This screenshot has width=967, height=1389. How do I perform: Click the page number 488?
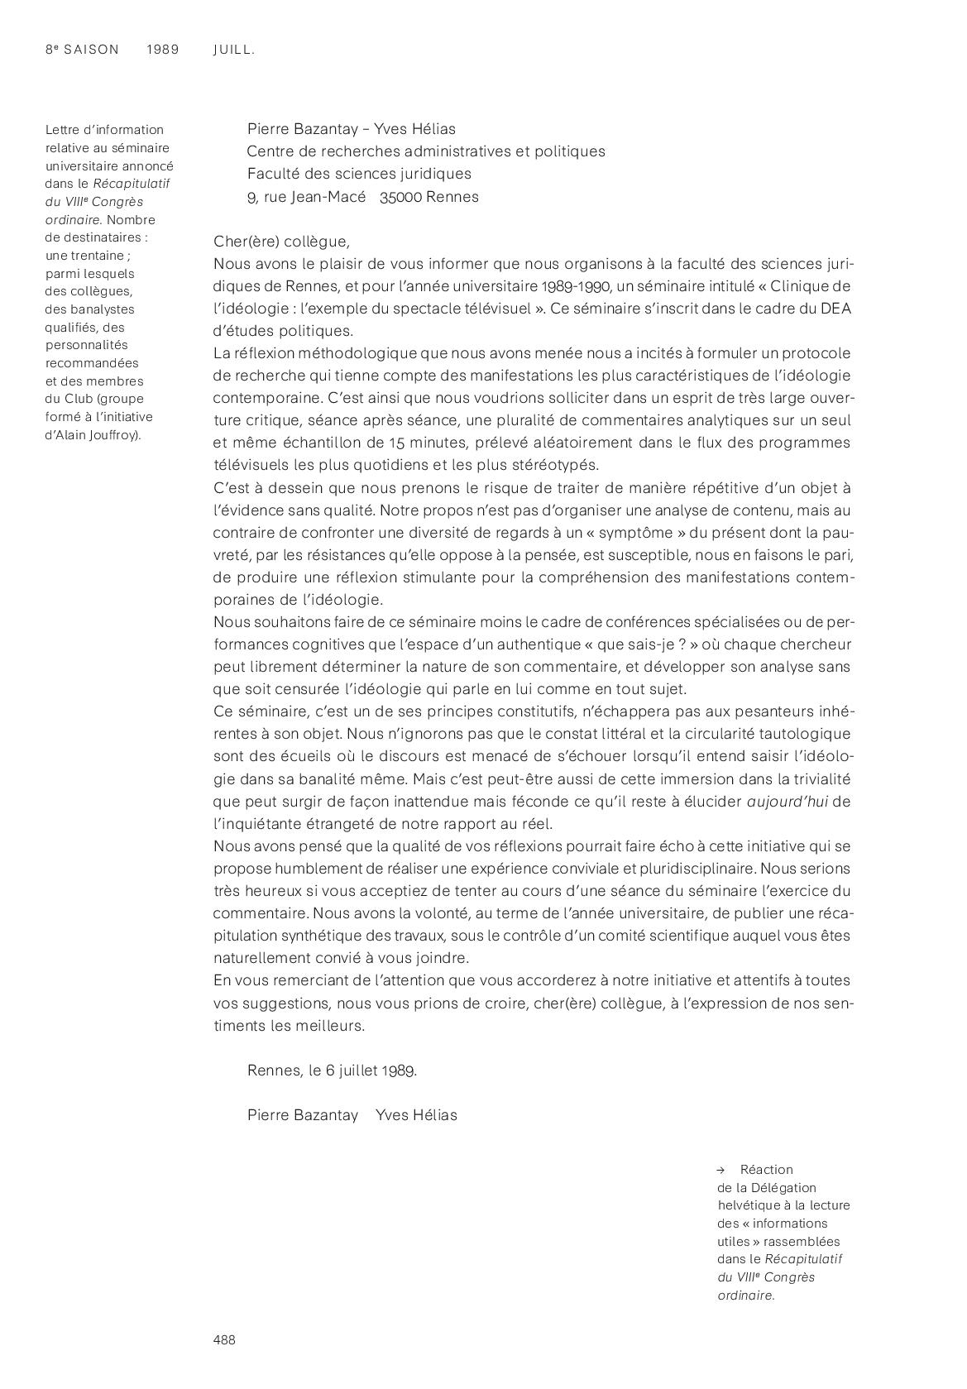224,1339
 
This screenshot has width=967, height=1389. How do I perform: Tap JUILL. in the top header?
233,50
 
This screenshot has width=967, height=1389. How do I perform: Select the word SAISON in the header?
92,50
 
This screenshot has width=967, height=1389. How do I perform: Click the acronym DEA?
835,309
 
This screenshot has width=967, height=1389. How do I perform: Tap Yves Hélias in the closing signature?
416,1114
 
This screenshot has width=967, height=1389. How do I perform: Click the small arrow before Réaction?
721,1170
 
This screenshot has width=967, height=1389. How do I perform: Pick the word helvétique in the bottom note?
748,1205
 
